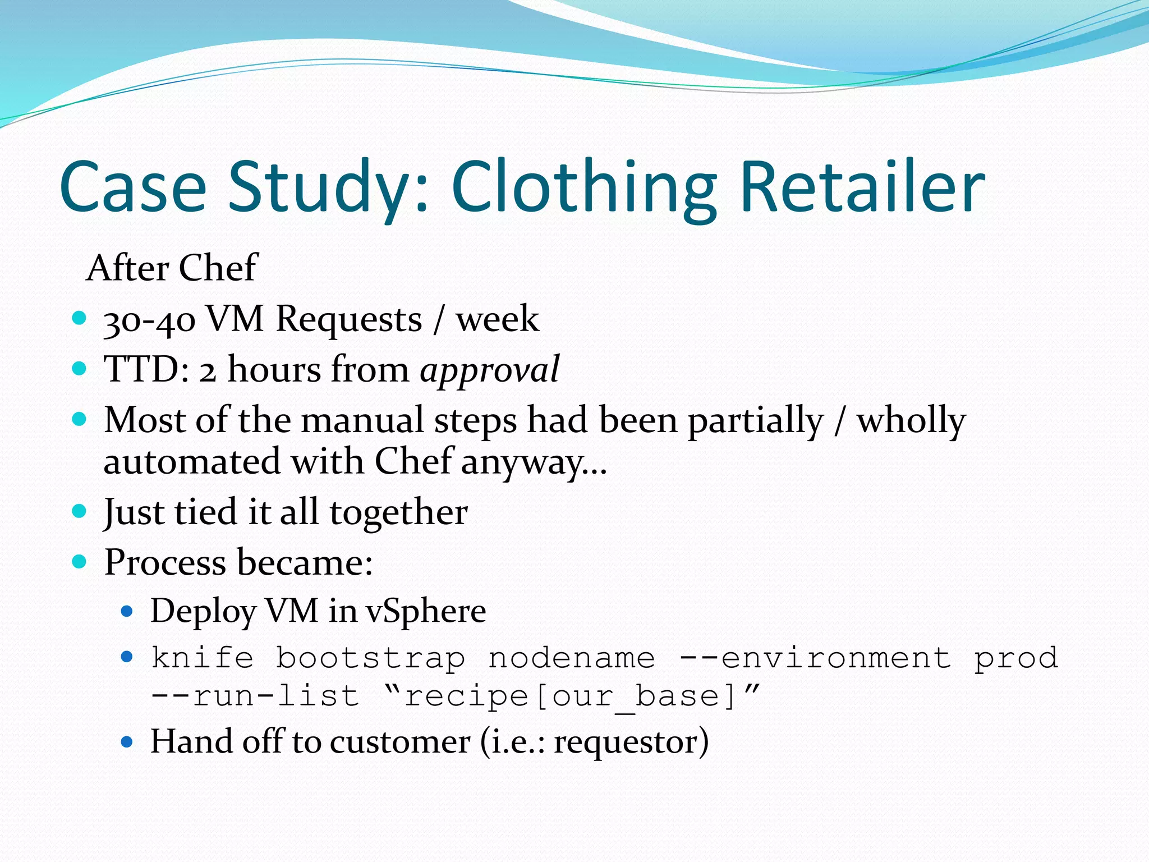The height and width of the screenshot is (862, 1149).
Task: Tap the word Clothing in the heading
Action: click(583, 188)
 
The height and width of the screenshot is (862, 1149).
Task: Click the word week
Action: click(497, 319)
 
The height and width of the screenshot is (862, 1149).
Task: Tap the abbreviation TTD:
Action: click(147, 369)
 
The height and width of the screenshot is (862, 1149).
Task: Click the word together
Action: click(398, 512)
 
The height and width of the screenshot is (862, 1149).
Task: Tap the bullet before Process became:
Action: click(80, 561)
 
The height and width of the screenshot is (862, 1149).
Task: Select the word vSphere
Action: click(426, 611)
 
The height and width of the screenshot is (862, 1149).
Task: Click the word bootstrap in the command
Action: click(370, 658)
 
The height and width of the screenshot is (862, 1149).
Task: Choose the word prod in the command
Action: click(1016, 658)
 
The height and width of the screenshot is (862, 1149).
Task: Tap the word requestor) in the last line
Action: click(631, 742)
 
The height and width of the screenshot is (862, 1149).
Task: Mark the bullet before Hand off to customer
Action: click(127, 742)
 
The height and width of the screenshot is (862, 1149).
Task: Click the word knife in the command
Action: click(202, 658)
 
